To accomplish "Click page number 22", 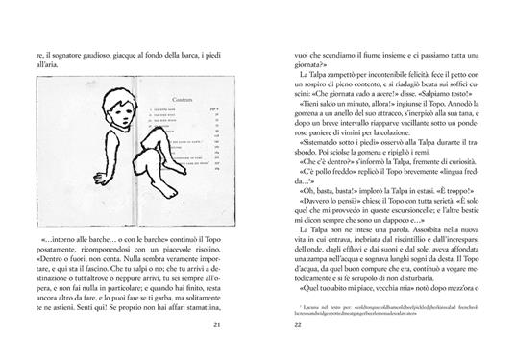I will click(282, 328).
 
